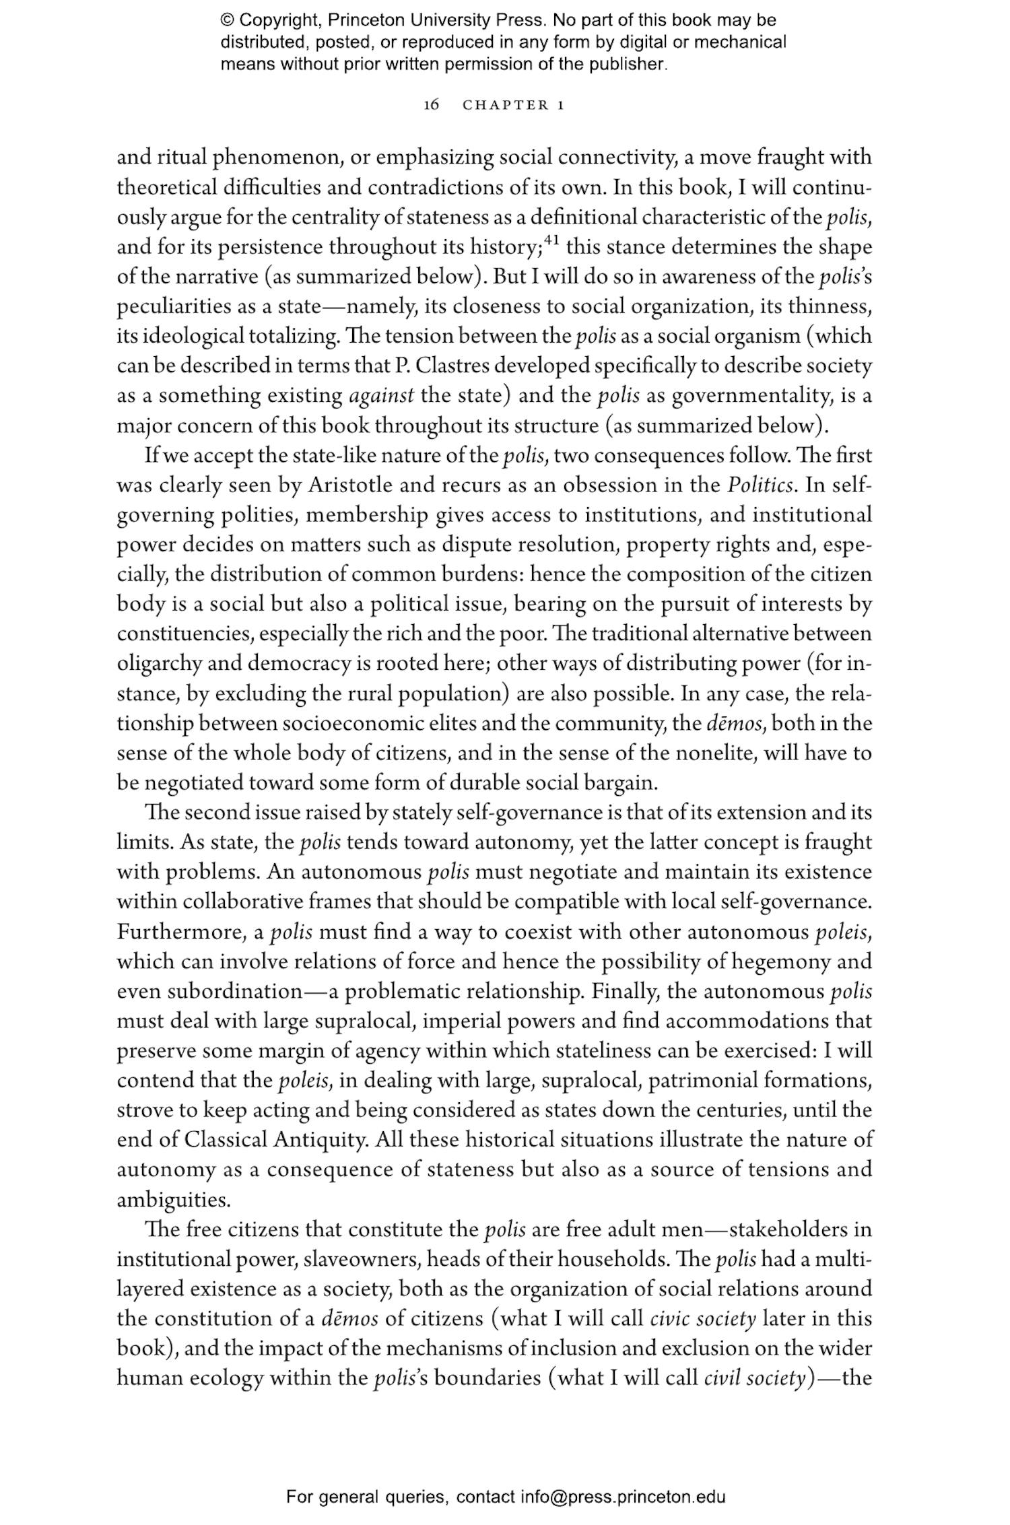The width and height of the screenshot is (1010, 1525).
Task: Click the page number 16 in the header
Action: click(x=432, y=104)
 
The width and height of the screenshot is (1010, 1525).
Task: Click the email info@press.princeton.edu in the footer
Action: click(x=622, y=1497)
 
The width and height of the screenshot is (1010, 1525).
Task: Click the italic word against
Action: click(x=382, y=395)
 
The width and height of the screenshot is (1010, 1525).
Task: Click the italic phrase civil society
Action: click(x=754, y=1378)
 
